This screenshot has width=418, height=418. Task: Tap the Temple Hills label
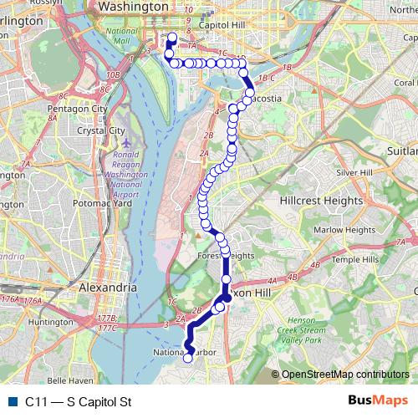coord(354,260)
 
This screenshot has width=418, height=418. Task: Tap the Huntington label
coord(50,321)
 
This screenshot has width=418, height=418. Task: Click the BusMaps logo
coord(379,400)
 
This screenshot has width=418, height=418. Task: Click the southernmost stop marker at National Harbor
coord(188,359)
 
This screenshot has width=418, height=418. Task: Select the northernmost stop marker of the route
coord(171,37)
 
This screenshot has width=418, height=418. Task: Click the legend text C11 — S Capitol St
coord(79,401)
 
